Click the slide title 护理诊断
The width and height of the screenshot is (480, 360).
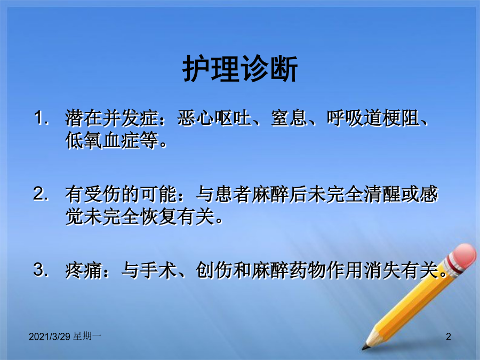240,69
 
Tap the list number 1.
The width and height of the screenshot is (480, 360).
41,118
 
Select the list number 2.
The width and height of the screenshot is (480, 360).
41,194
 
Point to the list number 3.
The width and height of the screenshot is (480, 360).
41,270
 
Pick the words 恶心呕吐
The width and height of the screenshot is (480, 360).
214,118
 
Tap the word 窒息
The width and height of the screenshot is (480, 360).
289,118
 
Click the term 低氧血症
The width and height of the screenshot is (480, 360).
102,140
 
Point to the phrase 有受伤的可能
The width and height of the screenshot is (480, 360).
121,194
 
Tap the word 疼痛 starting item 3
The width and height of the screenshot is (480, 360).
83,270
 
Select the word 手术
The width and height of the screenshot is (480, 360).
158,270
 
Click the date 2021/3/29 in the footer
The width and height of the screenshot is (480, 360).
50,337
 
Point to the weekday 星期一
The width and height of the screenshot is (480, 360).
87,337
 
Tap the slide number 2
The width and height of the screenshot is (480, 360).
449,337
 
